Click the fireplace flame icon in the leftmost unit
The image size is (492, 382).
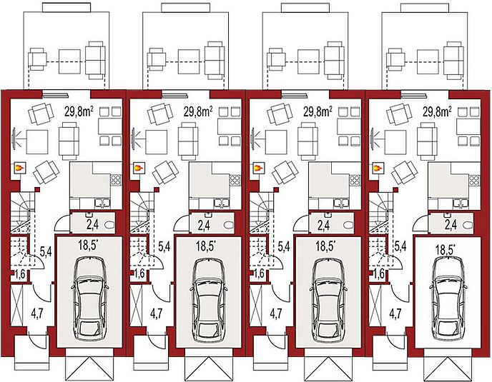pyautogui.click(x=19, y=169)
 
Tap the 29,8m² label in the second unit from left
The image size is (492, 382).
pyautogui.click(x=198, y=111)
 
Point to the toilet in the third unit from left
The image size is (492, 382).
pyautogui.click(x=348, y=225)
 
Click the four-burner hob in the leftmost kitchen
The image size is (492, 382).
pyautogui.click(x=115, y=180)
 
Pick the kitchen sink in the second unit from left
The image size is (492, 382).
pyautogui.click(x=222, y=203)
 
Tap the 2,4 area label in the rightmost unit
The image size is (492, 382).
pyautogui.click(x=451, y=225)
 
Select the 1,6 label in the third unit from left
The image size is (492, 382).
pyautogui.click(x=259, y=273)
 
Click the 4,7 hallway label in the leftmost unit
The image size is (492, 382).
pyautogui.click(x=37, y=313)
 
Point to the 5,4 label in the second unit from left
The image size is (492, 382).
pyautogui.click(x=164, y=246)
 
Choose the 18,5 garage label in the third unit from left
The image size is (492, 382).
pyautogui.click(x=325, y=246)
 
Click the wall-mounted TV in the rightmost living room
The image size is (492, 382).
pyautogui.click(x=373, y=139)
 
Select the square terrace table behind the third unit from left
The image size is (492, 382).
pyautogui.click(x=308, y=61)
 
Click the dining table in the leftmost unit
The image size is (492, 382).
pyautogui.click(x=109, y=126)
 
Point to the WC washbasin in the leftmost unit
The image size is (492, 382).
pyautogui.click(x=88, y=214)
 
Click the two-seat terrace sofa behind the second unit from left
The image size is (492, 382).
pyautogui.click(x=215, y=60)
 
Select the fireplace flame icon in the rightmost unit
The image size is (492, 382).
pyautogui.click(x=377, y=169)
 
